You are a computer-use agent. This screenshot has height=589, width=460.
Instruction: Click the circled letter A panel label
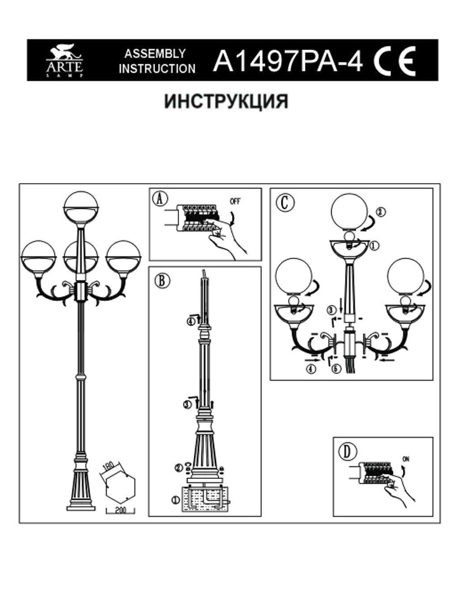[160, 199]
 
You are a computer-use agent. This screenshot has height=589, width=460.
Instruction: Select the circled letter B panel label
[161, 279]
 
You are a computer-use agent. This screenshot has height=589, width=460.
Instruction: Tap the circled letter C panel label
[283, 202]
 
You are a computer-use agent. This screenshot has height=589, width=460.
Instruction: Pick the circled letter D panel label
[348, 452]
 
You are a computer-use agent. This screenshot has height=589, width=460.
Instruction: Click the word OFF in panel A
[235, 201]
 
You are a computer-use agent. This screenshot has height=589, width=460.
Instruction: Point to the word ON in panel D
[406, 458]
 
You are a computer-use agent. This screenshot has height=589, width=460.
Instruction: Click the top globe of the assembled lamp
[81, 207]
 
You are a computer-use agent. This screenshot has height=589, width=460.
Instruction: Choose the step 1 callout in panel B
[174, 500]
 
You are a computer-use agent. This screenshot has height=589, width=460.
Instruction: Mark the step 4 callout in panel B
[190, 322]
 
